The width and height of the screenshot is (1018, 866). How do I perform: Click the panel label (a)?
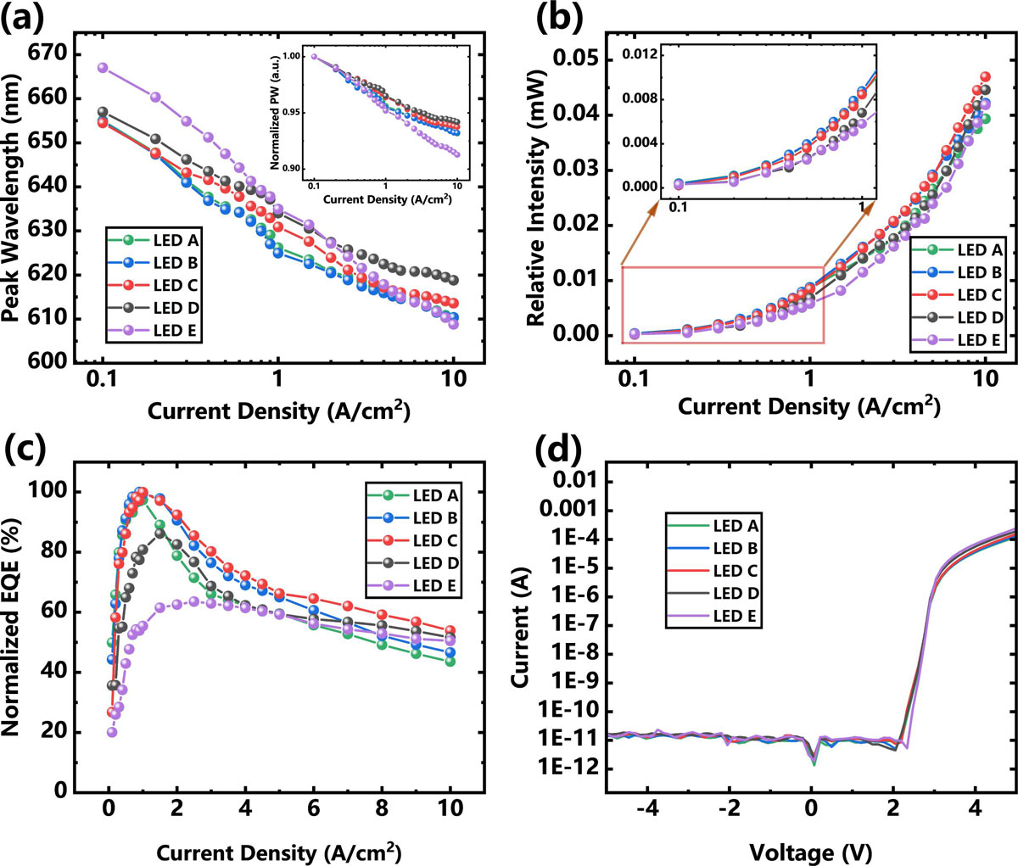pyautogui.click(x=23, y=18)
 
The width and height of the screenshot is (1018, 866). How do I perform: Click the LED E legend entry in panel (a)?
pyautogui.click(x=158, y=330)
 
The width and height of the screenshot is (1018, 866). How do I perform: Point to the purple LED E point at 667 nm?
pyautogui.click(x=103, y=67)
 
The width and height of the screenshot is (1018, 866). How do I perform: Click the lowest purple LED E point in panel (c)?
pyautogui.click(x=112, y=732)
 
